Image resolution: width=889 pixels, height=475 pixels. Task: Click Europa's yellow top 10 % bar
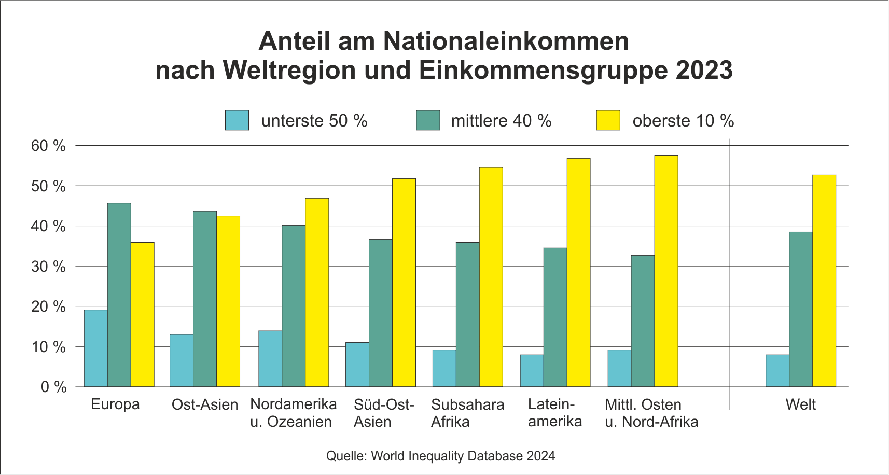(142, 314)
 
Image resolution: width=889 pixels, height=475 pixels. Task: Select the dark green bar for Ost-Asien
(205, 299)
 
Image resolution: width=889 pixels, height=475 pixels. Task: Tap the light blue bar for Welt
(777, 371)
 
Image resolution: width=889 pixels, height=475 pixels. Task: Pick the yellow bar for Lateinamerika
(578, 272)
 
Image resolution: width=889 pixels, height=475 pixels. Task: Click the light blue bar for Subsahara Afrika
(444, 368)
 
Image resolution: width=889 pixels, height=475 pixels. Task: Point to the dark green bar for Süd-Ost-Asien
(381, 313)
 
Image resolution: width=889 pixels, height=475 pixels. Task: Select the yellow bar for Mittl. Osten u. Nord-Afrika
(666, 271)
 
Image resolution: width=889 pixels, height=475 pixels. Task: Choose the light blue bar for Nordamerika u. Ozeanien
(270, 359)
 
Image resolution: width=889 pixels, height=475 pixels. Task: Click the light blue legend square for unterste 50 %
(237, 120)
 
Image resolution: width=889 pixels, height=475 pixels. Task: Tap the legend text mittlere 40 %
(501, 121)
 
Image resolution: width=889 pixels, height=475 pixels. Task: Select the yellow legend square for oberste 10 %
(608, 120)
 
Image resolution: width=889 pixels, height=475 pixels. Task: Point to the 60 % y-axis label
(49, 146)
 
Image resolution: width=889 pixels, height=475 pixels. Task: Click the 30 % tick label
(49, 267)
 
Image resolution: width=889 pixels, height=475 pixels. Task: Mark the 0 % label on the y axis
(54, 387)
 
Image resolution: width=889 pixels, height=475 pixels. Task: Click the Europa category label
(115, 404)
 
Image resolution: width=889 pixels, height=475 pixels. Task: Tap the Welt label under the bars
(800, 404)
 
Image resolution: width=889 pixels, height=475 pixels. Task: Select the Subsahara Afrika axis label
(467, 413)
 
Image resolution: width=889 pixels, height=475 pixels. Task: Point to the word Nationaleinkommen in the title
(506, 41)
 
